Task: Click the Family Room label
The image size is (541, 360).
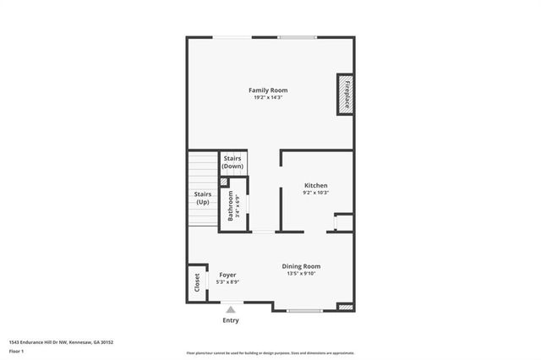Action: click(x=268, y=90)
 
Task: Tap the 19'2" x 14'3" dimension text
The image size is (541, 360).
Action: click(x=268, y=97)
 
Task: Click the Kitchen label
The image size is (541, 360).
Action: click(x=315, y=185)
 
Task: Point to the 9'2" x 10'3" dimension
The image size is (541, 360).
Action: click(x=315, y=193)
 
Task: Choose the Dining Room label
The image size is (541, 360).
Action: click(x=301, y=266)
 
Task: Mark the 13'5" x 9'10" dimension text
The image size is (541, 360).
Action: click(x=301, y=274)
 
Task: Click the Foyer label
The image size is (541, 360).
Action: click(x=227, y=275)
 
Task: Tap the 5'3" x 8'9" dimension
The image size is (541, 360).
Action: click(x=227, y=282)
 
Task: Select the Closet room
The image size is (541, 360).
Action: click(x=197, y=282)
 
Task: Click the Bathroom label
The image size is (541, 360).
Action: click(x=231, y=207)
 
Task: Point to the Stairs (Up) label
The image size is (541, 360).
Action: click(x=203, y=198)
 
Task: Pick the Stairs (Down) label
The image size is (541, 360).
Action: click(x=232, y=162)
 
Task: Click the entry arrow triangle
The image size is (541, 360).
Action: click(x=230, y=311)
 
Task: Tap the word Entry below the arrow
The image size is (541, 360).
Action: click(x=230, y=320)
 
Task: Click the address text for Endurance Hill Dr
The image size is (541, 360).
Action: click(x=61, y=342)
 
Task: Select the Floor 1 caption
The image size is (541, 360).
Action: click(x=17, y=350)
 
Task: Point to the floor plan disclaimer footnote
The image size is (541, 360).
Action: click(x=270, y=353)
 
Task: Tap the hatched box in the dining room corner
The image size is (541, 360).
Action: click(x=345, y=308)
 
